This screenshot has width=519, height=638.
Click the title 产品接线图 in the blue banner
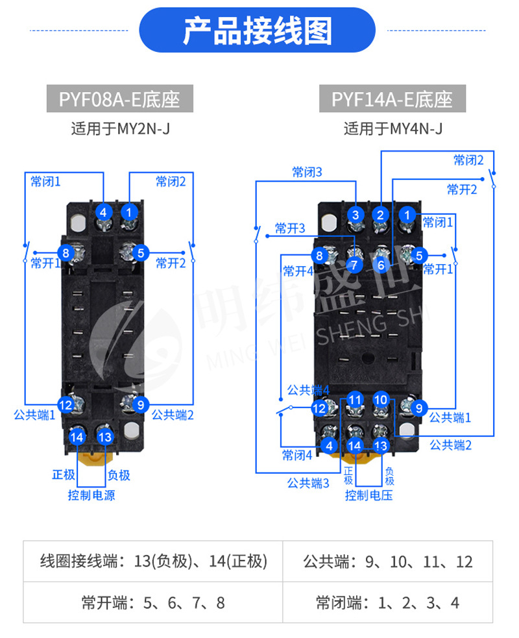(x=258, y=31)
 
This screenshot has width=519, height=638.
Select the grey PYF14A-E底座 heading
(x=392, y=99)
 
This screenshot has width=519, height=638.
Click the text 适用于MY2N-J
(x=120, y=129)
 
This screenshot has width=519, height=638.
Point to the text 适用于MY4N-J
(x=392, y=129)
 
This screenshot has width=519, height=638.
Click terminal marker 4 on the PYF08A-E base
(x=103, y=211)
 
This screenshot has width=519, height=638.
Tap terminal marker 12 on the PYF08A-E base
(x=66, y=405)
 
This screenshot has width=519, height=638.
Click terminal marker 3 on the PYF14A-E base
(x=355, y=215)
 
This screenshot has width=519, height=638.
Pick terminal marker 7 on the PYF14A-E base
(x=354, y=264)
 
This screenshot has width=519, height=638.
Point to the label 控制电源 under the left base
(x=91, y=495)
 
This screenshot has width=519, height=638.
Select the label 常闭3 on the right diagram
(x=307, y=172)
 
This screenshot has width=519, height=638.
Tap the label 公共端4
(x=308, y=390)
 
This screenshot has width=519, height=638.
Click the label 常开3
(x=290, y=228)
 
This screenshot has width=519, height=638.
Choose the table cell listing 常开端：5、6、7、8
(x=153, y=603)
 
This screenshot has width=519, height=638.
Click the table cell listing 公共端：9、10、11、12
(x=388, y=561)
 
